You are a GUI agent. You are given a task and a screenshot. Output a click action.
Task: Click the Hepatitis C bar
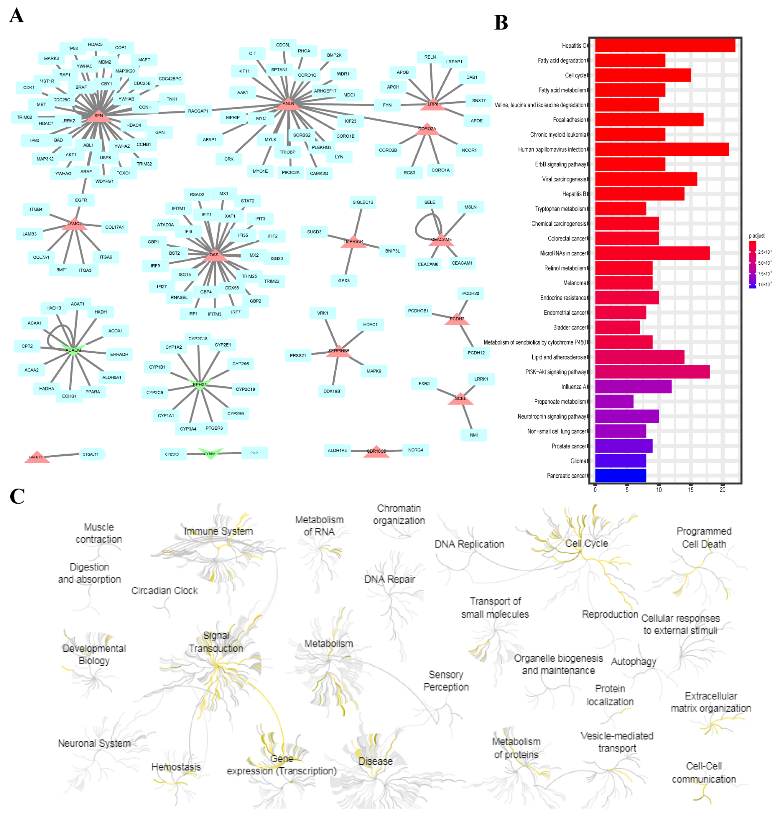coord(664,46)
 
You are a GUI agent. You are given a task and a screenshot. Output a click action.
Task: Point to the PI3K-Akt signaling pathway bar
coord(652,372)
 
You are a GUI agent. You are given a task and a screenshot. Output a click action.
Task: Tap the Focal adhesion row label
coord(569,120)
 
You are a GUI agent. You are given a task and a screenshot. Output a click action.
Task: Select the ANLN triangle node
coord(288,104)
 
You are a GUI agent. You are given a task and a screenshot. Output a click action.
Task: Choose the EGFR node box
coord(81,200)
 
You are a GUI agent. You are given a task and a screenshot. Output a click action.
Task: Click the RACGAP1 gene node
coord(198,111)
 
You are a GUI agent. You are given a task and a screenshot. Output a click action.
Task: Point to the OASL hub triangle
coord(215,255)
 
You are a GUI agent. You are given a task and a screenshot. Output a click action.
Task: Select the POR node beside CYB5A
coord(254,453)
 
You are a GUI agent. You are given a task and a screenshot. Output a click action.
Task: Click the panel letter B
coord(501,23)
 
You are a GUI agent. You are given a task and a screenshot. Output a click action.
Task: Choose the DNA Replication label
coord(469,544)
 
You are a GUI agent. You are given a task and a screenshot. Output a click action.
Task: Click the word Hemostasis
coord(176,767)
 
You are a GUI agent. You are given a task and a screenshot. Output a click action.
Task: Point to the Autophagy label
coord(633,661)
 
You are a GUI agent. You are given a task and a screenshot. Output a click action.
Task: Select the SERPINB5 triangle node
coord(339,351)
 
